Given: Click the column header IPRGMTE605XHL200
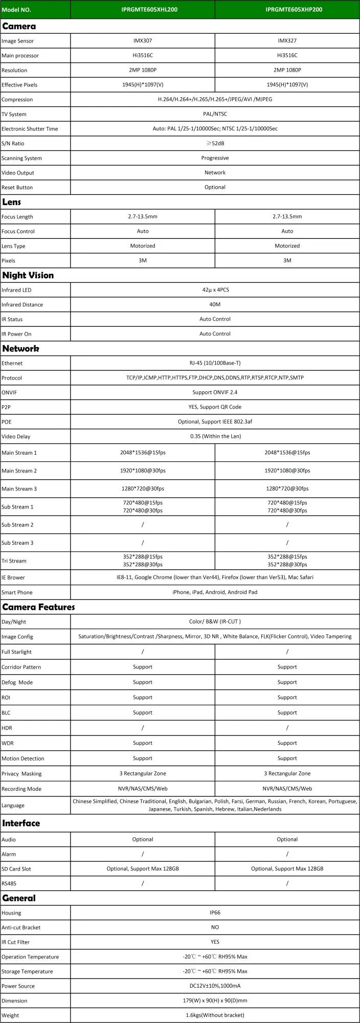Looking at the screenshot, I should [143, 9].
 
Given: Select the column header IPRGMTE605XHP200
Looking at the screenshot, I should [287, 9].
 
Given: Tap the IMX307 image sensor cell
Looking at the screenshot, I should [143, 41].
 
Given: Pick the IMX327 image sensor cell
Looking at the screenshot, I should [287, 41].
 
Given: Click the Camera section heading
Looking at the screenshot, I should [19, 26].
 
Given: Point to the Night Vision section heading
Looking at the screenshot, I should [28, 275].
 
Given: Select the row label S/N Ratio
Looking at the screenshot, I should [13, 144].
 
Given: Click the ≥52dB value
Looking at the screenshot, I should [215, 144].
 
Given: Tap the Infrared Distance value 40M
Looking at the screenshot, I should [215, 305].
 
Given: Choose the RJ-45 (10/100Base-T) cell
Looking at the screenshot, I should [215, 363].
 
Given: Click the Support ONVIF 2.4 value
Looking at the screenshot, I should [215, 392].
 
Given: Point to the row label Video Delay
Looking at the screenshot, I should [16, 437].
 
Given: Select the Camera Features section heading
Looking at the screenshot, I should [38, 607].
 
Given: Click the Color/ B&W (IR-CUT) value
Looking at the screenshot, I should [215, 622].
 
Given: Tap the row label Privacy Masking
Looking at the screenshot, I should [21, 774].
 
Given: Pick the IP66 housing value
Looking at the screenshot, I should [215, 913].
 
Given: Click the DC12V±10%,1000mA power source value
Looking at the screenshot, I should [215, 986].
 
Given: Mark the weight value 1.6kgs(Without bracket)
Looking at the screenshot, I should [215, 1015].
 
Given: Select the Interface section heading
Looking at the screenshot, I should [21, 823].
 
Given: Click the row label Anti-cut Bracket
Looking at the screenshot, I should [21, 927].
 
